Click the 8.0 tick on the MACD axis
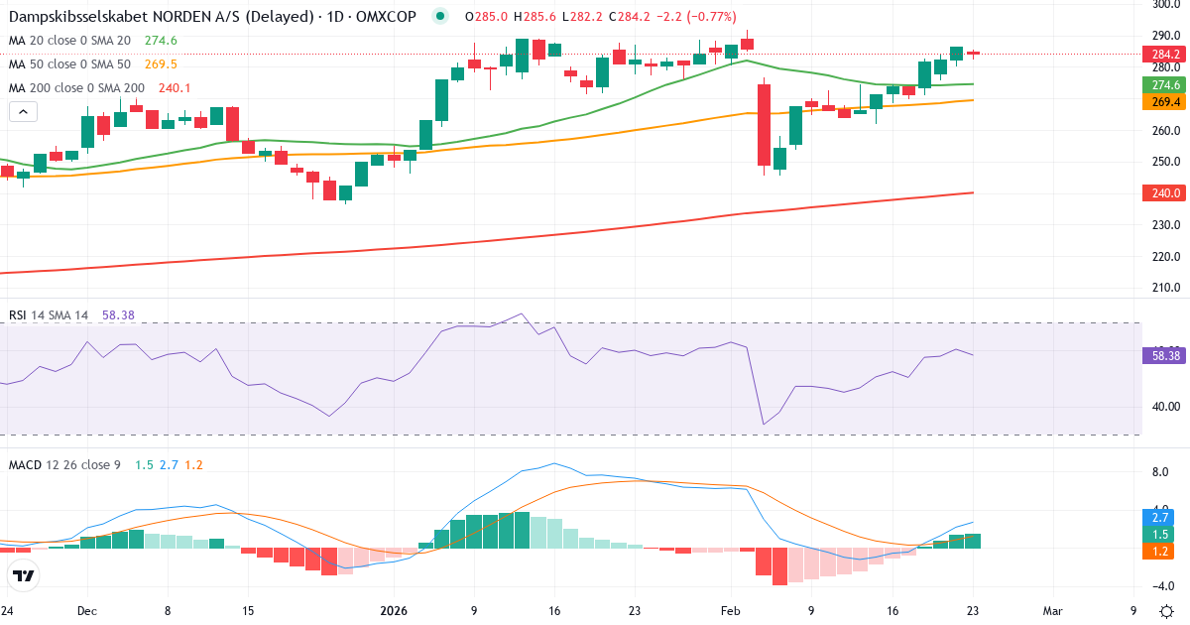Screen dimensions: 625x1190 1160,473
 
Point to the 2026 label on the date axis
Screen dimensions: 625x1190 395,611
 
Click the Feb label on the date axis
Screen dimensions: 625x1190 730,611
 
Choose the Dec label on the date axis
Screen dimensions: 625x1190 86,611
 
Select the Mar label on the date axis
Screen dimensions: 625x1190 1052,611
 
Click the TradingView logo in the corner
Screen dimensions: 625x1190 24,575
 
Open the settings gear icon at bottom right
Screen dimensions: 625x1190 1166,611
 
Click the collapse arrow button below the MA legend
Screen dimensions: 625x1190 23,112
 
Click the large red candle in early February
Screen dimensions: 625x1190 764,125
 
